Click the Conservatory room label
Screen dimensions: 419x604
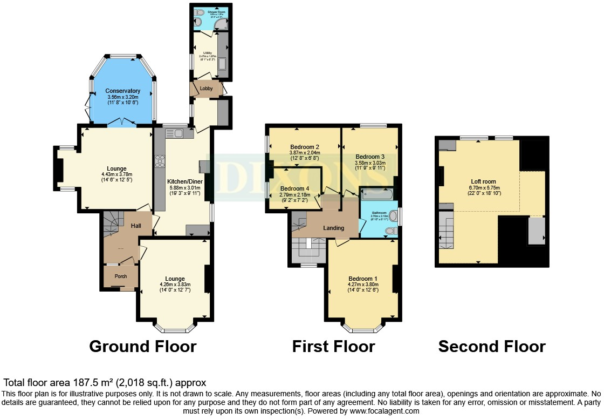(123, 91)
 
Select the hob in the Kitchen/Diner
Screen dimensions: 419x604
(160, 160)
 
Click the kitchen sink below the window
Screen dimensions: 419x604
(177, 133)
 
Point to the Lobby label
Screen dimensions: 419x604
(206, 89)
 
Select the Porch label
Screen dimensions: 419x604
(120, 276)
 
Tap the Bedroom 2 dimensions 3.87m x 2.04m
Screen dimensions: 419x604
(305, 153)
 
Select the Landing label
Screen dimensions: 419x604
(333, 228)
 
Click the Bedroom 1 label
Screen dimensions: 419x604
(362, 279)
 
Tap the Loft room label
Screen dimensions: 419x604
(483, 181)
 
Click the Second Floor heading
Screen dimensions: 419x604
(491, 346)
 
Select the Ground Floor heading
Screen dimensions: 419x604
(142, 346)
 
